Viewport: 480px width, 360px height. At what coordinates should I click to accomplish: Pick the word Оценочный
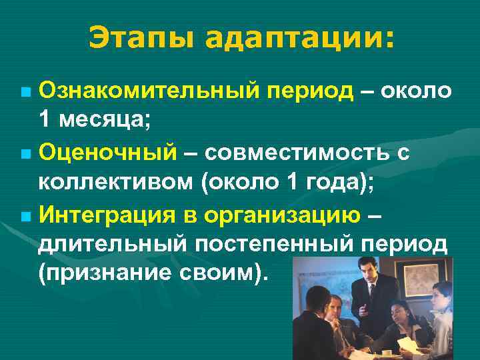click(107, 153)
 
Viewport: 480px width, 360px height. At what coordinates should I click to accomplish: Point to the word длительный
click(111, 245)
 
